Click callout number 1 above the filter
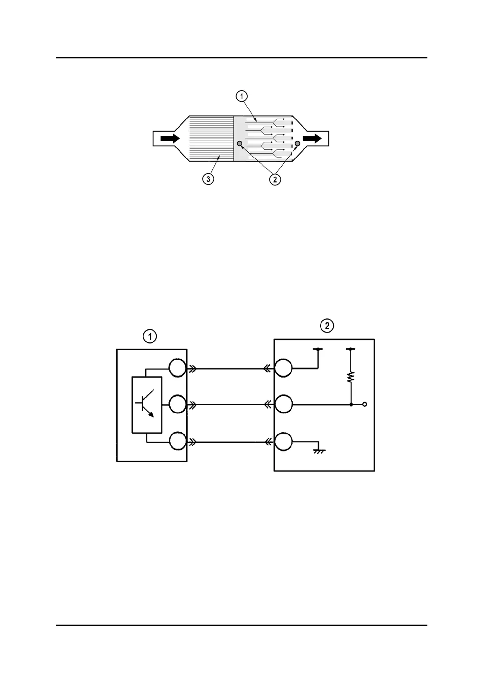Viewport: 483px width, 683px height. (x=241, y=96)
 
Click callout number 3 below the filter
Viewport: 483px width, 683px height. (x=208, y=179)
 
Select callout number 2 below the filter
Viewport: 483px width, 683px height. (x=275, y=179)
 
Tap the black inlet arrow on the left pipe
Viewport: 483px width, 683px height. (x=170, y=138)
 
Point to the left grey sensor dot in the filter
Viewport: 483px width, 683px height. (x=239, y=144)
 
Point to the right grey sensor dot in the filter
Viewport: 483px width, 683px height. (x=298, y=144)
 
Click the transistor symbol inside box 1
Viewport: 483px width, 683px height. (x=147, y=404)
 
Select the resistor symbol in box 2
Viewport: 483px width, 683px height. (x=351, y=378)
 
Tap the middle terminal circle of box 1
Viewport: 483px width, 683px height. (x=177, y=404)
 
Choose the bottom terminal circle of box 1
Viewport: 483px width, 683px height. (x=177, y=441)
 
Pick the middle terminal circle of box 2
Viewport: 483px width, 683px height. (x=283, y=404)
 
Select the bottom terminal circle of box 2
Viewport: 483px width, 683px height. (x=283, y=441)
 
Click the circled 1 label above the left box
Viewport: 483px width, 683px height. (x=150, y=336)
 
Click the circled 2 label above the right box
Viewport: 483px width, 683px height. (x=327, y=325)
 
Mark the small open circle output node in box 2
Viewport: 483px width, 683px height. (x=364, y=404)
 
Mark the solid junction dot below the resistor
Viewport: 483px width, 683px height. (x=351, y=404)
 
